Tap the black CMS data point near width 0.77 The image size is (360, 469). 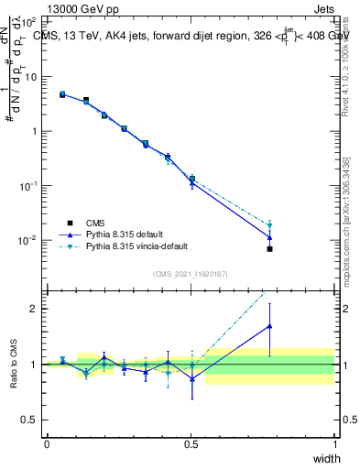pyautogui.click(x=269, y=248)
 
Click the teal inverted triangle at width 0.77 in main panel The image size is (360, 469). pyautogui.click(x=269, y=225)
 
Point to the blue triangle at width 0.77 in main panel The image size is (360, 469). pyautogui.click(x=269, y=237)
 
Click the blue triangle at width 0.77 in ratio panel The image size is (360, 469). pyautogui.click(x=269, y=325)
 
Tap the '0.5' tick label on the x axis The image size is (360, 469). pyautogui.click(x=191, y=444)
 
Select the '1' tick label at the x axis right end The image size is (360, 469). pyautogui.click(x=335, y=444)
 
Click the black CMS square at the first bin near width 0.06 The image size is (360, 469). pyautogui.click(x=62, y=94)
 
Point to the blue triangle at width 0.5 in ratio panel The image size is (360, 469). pyautogui.click(x=191, y=378)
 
